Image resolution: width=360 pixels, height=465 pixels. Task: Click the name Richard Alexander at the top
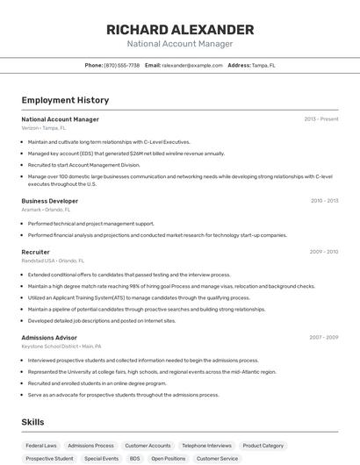pyautogui.click(x=180, y=30)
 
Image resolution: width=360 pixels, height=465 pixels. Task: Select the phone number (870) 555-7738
pyautogui.click(x=122, y=65)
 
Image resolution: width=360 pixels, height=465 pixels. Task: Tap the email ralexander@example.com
pyautogui.click(x=192, y=65)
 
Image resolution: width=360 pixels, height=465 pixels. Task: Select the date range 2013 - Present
pyautogui.click(x=320, y=119)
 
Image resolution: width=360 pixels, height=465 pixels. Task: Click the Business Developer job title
pyautogui.click(x=50, y=201)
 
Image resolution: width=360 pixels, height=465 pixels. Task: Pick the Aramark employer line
pyautogui.click(x=46, y=210)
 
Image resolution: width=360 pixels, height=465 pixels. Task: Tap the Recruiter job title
pyautogui.click(x=36, y=252)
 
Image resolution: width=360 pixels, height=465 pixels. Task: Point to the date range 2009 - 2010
pyautogui.click(x=323, y=252)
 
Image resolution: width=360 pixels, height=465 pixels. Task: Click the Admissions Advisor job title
pyautogui.click(x=49, y=338)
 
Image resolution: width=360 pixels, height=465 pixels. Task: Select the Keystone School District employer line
pyautogui.click(x=61, y=347)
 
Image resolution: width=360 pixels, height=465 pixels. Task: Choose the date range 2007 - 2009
pyautogui.click(x=323, y=338)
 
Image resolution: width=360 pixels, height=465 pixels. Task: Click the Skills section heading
pyautogui.click(x=33, y=422)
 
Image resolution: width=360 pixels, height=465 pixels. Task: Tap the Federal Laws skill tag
pyautogui.click(x=41, y=446)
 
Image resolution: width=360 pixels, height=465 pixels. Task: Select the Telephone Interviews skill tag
pyautogui.click(x=207, y=446)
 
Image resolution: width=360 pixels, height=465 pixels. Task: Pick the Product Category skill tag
pyautogui.click(x=263, y=446)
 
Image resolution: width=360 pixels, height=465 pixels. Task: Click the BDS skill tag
pyautogui.click(x=134, y=459)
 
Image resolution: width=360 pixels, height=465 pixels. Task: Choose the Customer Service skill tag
pyautogui.click(x=217, y=459)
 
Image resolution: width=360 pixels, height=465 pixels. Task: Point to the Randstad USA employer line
pyautogui.click(x=53, y=261)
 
